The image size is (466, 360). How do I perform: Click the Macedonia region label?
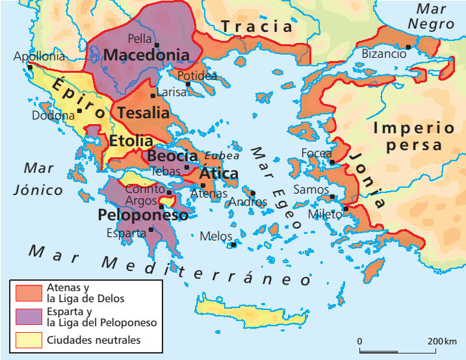146,55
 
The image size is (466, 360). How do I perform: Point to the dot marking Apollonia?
30,67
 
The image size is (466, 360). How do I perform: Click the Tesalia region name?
143,112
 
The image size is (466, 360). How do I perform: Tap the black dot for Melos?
234,245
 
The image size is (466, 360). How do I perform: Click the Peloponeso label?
143,215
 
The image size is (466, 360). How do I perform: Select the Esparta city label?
126,233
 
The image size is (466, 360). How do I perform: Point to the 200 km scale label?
442,341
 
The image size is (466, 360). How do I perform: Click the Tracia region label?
257,27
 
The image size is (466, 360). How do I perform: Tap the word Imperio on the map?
413,127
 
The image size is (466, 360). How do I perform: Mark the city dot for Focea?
332,162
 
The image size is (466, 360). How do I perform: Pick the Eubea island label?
222,156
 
